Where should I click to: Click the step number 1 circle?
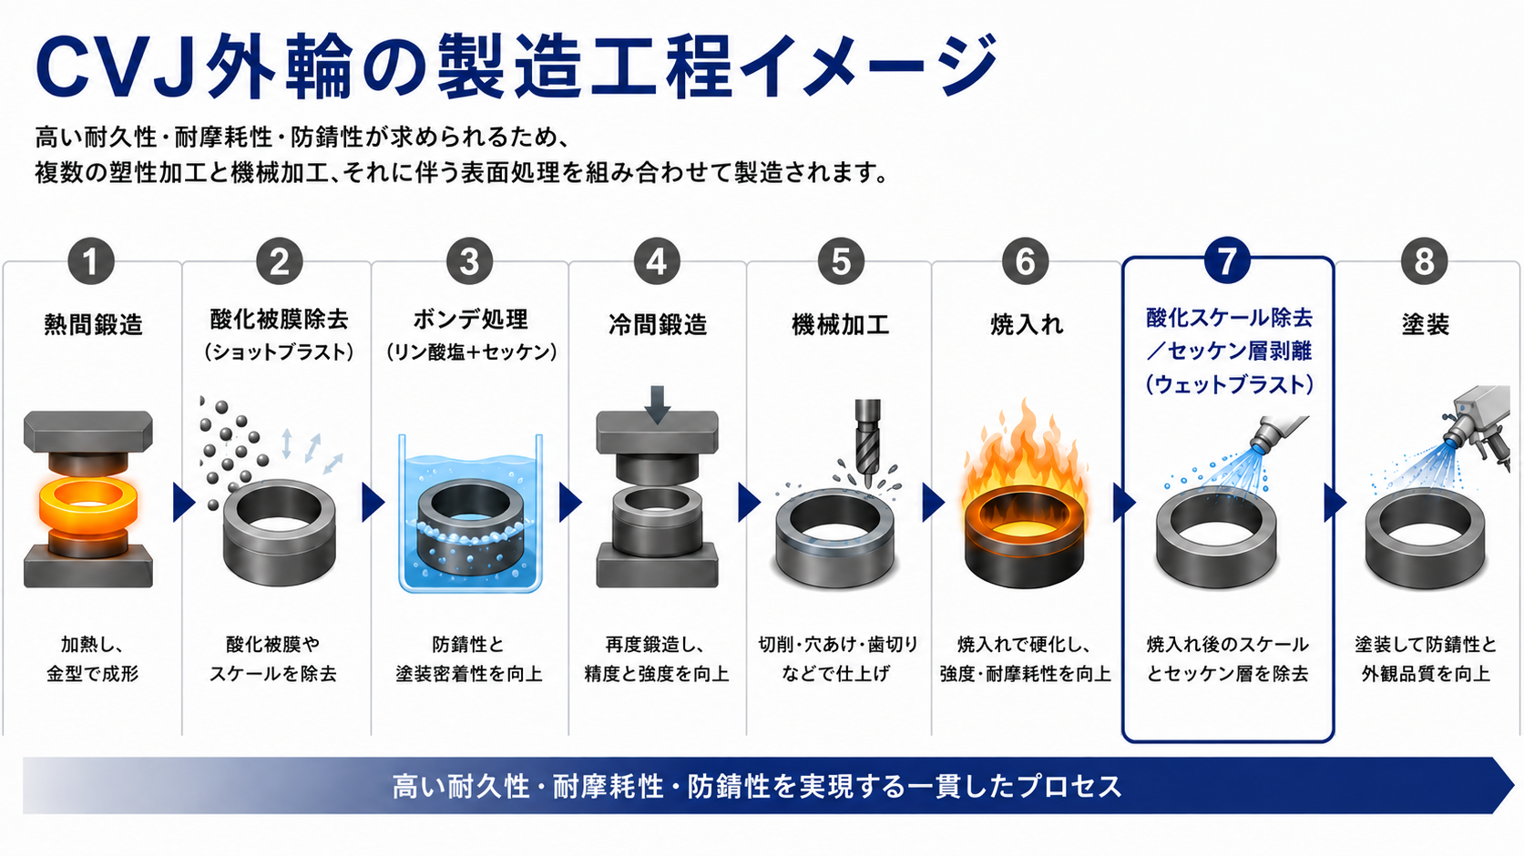coord(90,261)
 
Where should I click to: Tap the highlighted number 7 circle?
coord(1226,260)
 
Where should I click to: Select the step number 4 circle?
coord(657,261)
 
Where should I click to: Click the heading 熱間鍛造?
coord(93,324)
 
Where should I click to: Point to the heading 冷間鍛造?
coord(657,324)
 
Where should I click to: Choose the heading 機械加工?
coord(840,324)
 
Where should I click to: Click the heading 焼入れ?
coord(1026,324)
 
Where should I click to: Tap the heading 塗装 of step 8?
coord(1425,324)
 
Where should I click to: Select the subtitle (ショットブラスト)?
coord(279,352)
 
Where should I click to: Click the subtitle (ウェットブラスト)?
coord(1229,384)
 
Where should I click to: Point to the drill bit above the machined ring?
coord(868,442)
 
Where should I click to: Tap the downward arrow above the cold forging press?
coord(657,404)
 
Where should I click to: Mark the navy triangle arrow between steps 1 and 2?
coord(183,503)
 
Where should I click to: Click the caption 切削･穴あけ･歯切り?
coord(838,643)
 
